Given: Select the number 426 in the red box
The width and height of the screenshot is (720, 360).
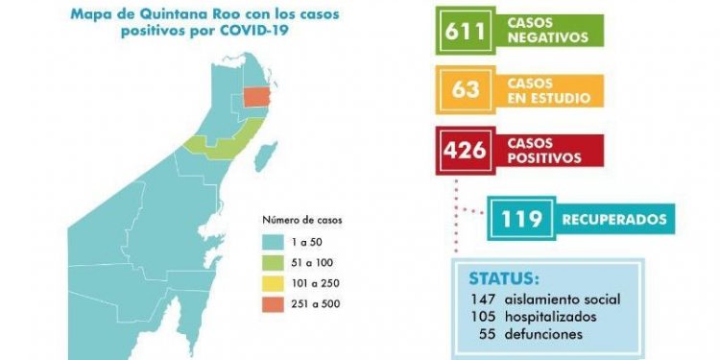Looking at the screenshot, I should [467, 152].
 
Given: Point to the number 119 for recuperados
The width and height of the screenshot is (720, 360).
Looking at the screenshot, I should [519, 219].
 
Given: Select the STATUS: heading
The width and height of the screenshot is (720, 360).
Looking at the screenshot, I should [503, 277].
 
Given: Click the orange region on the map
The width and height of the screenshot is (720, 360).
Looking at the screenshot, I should [257, 96].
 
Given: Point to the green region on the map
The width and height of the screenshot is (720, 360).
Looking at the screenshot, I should [216, 145].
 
